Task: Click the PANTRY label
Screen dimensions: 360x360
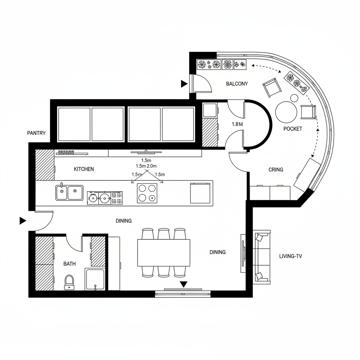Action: click(36, 133)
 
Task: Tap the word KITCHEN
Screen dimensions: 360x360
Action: click(84, 169)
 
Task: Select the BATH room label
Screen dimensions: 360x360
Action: click(69, 264)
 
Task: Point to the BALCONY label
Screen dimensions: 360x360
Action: click(237, 84)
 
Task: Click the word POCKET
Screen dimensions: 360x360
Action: click(292, 129)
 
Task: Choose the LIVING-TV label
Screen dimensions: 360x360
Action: click(290, 256)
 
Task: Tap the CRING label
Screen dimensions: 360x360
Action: click(276, 169)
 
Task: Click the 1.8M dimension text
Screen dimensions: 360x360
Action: click(238, 124)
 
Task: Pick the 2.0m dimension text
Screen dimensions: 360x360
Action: click(152, 166)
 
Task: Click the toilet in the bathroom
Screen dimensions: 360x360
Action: click(69, 282)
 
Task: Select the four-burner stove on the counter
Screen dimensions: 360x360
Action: click(147, 193)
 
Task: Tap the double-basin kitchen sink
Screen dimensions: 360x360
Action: click(69, 193)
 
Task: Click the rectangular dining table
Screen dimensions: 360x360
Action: click(163, 252)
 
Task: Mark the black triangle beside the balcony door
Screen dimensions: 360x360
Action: click(184, 84)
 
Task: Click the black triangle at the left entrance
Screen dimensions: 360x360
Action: click(23, 221)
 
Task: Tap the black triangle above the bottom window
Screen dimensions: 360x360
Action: click(183, 284)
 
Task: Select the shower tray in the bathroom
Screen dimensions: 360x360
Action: click(95, 279)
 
